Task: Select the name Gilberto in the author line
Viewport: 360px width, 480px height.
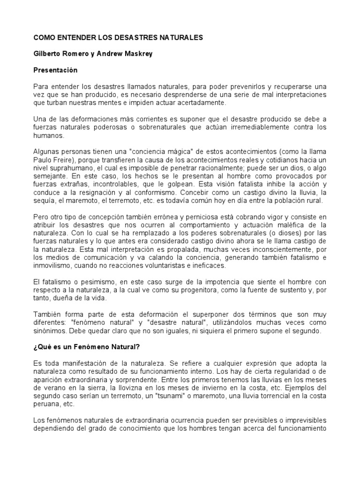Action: point(49,53)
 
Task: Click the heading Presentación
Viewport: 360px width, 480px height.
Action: point(55,70)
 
